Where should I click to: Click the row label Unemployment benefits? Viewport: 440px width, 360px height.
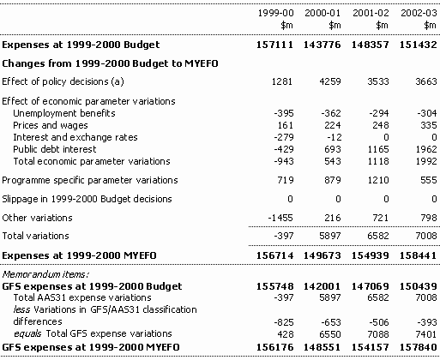(x=64, y=113)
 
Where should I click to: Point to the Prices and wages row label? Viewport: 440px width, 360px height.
(x=51, y=125)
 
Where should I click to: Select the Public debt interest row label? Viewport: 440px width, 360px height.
(x=55, y=149)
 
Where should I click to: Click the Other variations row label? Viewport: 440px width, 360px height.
(x=37, y=218)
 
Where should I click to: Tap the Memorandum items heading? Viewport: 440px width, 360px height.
(x=45, y=274)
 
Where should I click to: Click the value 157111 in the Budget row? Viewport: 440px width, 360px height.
(x=275, y=45)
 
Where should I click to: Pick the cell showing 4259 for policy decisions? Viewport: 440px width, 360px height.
(x=330, y=81)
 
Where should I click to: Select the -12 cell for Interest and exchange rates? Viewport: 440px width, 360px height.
(x=335, y=137)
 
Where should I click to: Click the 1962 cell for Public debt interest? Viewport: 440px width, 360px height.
(x=426, y=149)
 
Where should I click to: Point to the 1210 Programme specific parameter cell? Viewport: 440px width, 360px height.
(x=378, y=180)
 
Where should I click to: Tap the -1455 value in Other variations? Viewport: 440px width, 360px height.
(x=280, y=218)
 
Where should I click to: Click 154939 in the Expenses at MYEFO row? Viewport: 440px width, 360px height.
(x=371, y=255)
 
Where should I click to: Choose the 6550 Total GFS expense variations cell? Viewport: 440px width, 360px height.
(x=330, y=334)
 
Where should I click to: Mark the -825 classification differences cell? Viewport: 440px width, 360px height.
(x=284, y=322)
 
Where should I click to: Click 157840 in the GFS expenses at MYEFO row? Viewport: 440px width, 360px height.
(x=419, y=347)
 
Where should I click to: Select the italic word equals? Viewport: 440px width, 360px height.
(x=27, y=333)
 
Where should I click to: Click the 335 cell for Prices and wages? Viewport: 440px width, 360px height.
(x=429, y=125)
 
